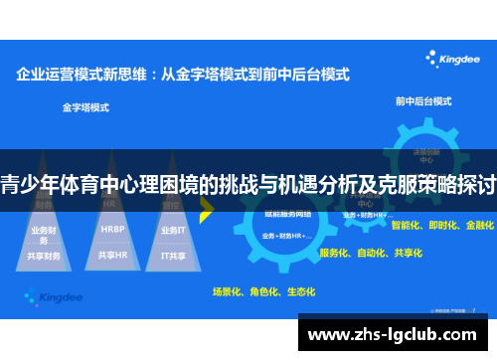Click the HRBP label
click(x=112, y=229)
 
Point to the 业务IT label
click(x=172, y=230)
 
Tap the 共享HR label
click(x=112, y=255)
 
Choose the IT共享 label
click(x=174, y=255)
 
